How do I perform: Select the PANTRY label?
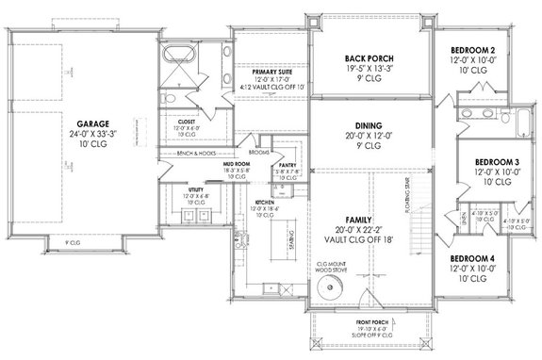[288, 166]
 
